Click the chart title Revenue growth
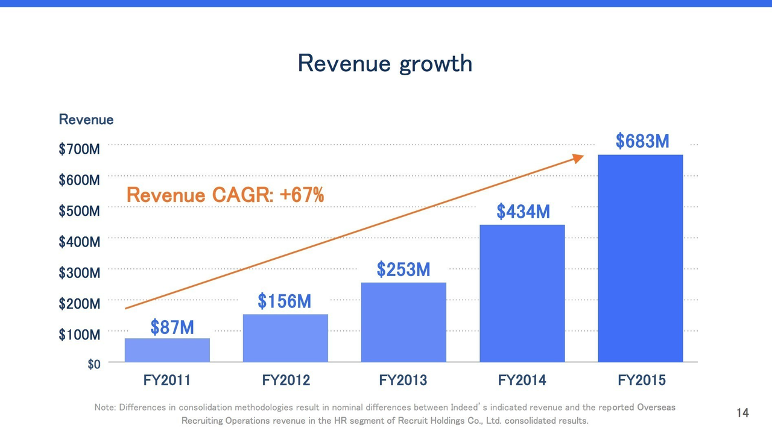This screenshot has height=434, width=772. coord(385,63)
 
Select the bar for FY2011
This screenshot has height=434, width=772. coord(167,350)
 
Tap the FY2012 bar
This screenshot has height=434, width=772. coord(285,338)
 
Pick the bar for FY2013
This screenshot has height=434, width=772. coord(403,322)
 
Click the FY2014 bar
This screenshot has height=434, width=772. coord(522,294)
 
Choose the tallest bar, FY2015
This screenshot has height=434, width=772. coord(640,259)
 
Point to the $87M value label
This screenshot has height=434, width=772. coord(172,327)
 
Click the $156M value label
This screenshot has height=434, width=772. coord(284,301)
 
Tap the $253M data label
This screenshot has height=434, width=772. coord(403,269)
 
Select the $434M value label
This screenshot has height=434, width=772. coord(523,212)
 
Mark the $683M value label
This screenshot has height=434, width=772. coord(642,141)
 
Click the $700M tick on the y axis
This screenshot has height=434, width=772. coord(79,149)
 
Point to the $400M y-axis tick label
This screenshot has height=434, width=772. coord(79,242)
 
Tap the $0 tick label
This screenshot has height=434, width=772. coord(94,364)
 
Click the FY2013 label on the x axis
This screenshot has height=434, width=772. coord(403,380)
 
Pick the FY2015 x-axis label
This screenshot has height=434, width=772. coord(642,380)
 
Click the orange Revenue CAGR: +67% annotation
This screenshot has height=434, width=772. coord(225,195)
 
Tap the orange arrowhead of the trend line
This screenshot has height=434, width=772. coord(578,158)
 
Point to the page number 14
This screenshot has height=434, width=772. coord(742,413)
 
